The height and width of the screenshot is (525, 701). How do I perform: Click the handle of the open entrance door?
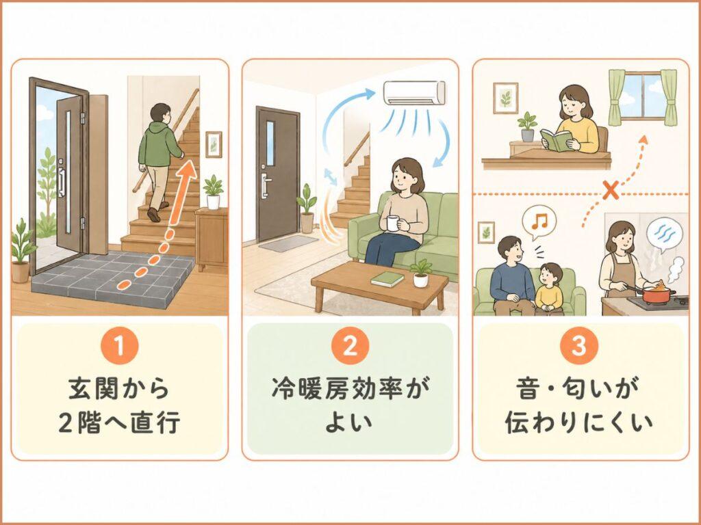pos(62,181)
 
